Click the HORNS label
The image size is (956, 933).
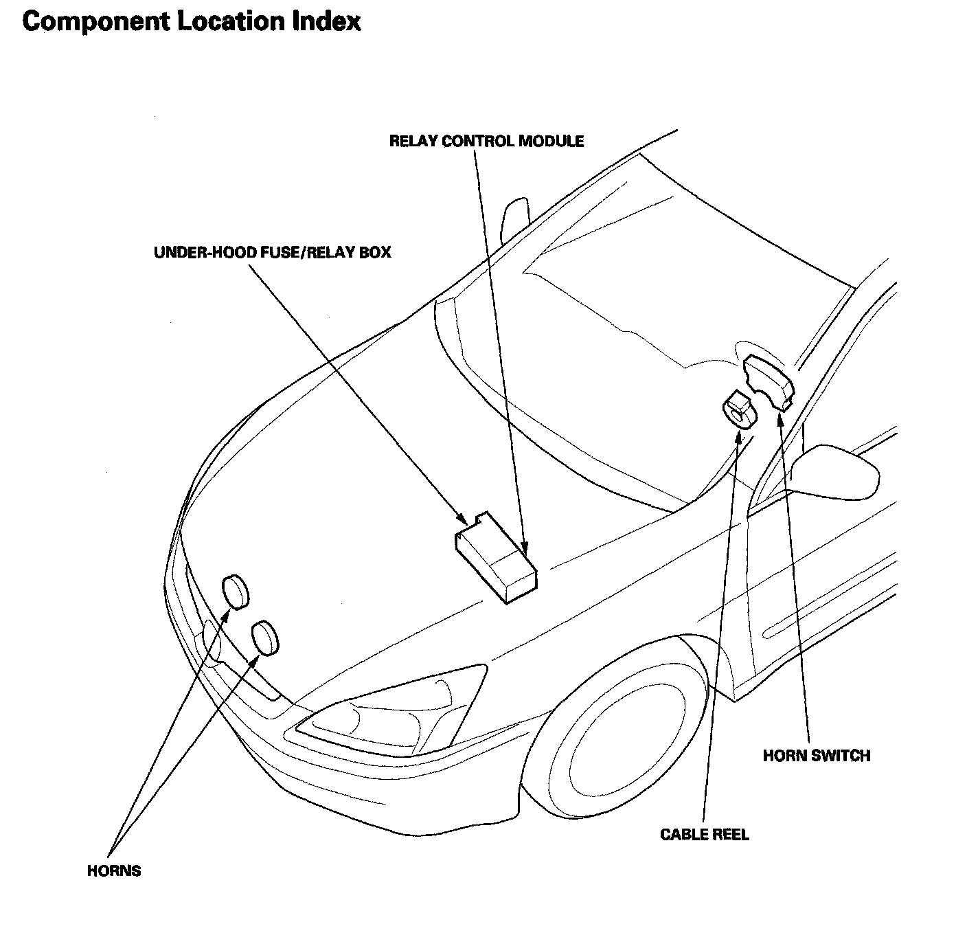pos(114,871)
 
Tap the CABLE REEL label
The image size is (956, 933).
pos(705,835)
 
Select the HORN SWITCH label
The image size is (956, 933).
pos(817,756)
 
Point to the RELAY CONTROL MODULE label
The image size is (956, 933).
pos(486,141)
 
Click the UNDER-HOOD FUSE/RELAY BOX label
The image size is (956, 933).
pos(272,252)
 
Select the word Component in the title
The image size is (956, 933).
pos(95,22)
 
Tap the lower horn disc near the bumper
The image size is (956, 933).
pos(265,638)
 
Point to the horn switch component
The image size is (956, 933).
pos(769,381)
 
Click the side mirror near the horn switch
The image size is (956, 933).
pos(834,469)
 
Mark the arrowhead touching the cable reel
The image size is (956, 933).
pos(738,436)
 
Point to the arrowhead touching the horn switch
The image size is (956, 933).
pos(779,418)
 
